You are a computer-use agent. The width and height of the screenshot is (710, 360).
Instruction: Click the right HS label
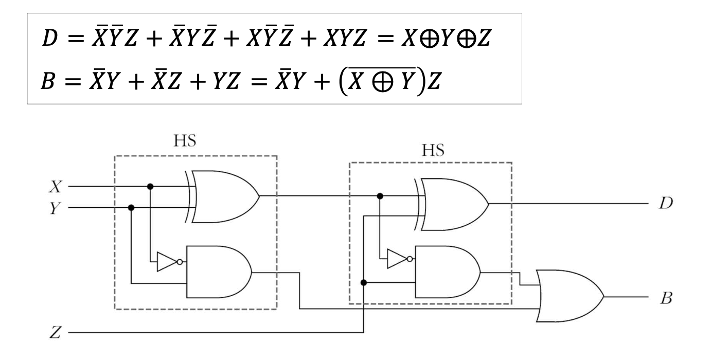pyautogui.click(x=431, y=150)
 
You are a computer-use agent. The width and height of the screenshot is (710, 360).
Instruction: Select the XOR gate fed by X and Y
pyautogui.click(x=224, y=196)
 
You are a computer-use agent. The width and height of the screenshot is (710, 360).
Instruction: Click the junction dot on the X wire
pyautogui.click(x=150, y=186)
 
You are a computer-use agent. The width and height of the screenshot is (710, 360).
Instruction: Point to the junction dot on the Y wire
pyautogui.click(x=131, y=208)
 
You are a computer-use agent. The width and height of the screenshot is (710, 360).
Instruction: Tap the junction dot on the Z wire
pyautogui.click(x=364, y=282)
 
